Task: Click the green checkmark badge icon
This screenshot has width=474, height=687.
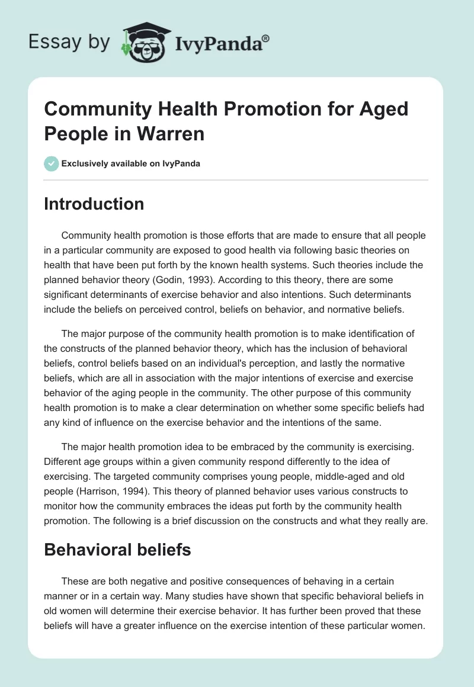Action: click(x=52, y=163)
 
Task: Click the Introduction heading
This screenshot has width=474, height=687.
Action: click(x=94, y=204)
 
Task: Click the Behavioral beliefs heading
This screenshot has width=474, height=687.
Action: click(x=117, y=550)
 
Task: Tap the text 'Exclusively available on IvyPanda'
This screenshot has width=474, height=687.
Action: click(x=131, y=163)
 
